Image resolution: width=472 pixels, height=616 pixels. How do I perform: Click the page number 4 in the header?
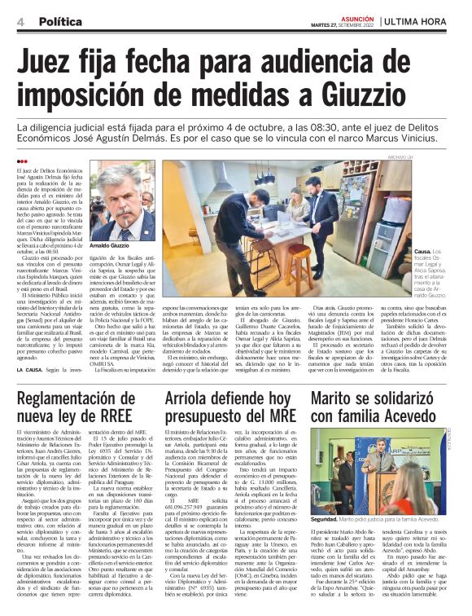[x=20, y=22]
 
